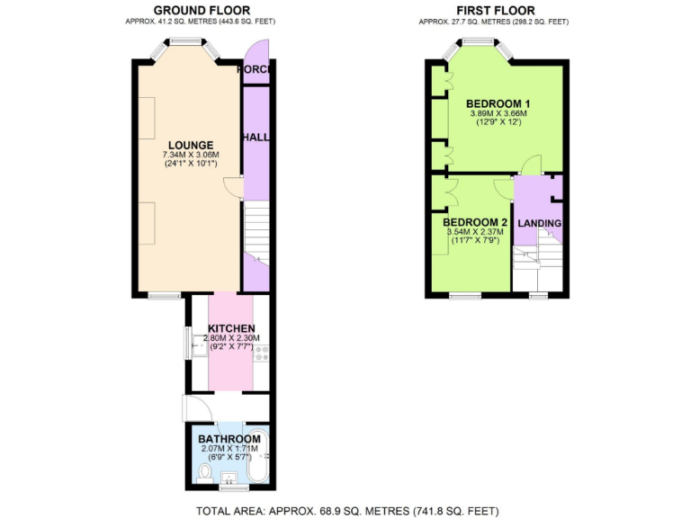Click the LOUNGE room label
[190, 145]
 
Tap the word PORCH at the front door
[255, 70]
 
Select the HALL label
[256, 137]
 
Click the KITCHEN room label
[231, 327]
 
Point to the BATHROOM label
[229, 438]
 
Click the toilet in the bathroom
[206, 471]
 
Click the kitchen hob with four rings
[262, 352]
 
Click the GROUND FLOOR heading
[201, 9]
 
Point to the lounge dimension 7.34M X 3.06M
[190, 155]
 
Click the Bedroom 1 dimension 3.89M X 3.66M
[498, 113]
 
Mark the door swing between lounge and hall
[234, 187]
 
